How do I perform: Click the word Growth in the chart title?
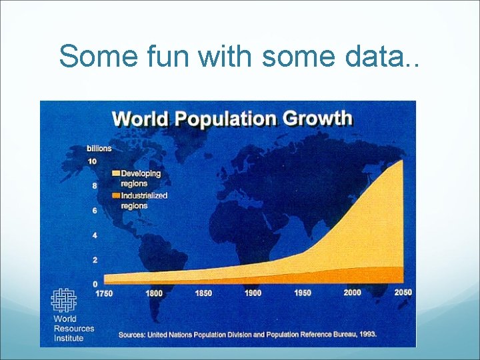point(317,119)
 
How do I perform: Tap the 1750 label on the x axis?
point(104,293)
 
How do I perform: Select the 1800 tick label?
point(154,293)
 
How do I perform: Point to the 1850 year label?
point(203,293)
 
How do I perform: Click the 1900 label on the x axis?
point(253,293)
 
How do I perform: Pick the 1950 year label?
point(303,293)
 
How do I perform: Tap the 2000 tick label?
point(353,293)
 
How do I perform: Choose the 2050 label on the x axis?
point(403,293)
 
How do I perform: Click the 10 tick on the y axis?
point(92,161)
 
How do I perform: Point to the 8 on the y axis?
point(94,186)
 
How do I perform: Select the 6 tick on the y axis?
point(94,211)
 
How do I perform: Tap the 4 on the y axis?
point(94,235)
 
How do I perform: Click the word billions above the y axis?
point(99,148)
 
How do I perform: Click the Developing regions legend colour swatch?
point(116,173)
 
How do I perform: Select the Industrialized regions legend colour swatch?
point(116,196)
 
